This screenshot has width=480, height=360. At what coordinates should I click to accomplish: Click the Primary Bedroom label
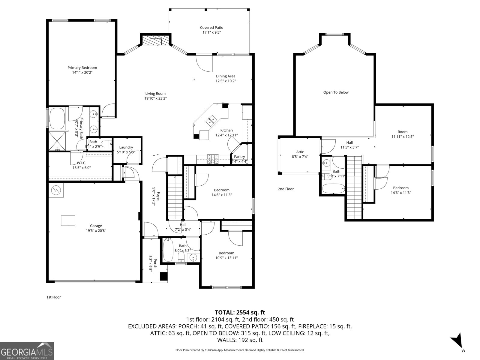point(82,67)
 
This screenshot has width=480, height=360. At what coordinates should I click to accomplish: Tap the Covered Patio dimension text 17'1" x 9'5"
point(211,32)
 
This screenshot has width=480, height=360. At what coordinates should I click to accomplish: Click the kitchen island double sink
point(211,121)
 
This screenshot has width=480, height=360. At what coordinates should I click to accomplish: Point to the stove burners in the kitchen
point(213,159)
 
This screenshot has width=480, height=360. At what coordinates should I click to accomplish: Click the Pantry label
point(239,157)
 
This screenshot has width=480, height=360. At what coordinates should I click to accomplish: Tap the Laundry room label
point(126,147)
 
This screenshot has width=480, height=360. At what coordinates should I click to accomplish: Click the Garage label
point(96,226)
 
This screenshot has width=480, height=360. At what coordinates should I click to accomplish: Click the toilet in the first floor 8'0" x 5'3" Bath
point(181,257)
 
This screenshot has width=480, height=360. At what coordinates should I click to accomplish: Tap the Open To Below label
point(336,92)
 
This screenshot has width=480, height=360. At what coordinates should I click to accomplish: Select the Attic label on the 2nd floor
point(300,152)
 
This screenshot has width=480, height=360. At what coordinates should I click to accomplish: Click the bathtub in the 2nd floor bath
point(333,189)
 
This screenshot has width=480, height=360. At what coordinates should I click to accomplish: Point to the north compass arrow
point(457,341)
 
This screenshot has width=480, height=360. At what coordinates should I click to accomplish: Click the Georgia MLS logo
point(27,351)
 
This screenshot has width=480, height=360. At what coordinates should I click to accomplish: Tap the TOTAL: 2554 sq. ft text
point(240,312)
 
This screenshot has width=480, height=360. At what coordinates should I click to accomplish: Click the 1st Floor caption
point(53,297)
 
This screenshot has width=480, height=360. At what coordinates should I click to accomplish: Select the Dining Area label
point(226,76)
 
